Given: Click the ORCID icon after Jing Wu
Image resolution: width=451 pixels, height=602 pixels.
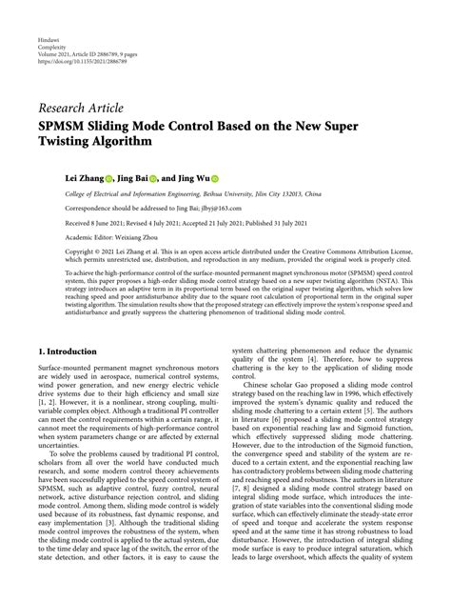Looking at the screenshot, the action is point(215,178).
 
